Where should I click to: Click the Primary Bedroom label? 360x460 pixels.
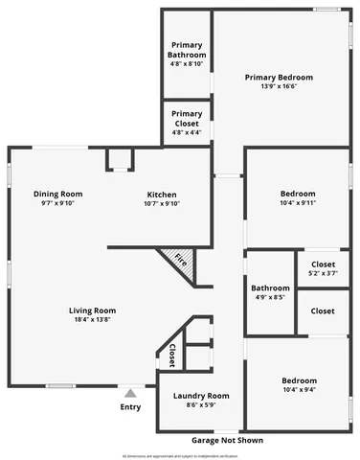click(x=279, y=78)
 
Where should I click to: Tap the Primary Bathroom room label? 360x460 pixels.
click(x=187, y=50)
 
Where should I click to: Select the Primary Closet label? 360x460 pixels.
click(x=187, y=118)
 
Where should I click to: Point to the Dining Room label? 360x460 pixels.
click(x=57, y=194)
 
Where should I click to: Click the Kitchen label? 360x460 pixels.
click(x=162, y=194)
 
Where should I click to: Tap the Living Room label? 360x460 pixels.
click(x=92, y=310)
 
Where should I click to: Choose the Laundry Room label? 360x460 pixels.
click(x=201, y=396)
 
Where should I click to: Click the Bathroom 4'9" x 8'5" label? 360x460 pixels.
click(x=270, y=288)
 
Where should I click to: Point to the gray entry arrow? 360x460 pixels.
click(x=130, y=393)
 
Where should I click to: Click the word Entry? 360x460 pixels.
click(x=130, y=407)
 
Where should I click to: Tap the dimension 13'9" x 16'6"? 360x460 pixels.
click(x=279, y=87)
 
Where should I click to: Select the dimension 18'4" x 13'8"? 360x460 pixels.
click(x=92, y=320)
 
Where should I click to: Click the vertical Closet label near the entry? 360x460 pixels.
click(x=172, y=355)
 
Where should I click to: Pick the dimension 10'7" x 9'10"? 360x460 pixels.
click(x=162, y=203)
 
